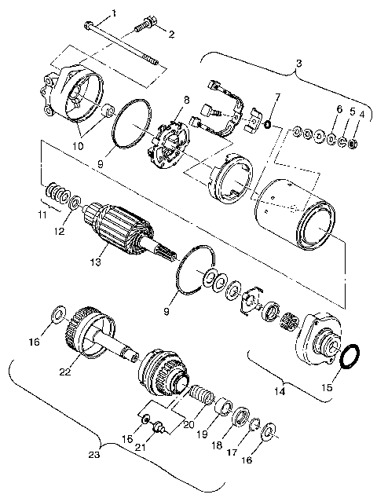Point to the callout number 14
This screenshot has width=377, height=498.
(280, 388)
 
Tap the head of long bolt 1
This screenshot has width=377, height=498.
(88, 24)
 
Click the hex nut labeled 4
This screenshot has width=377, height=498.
(352, 145)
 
